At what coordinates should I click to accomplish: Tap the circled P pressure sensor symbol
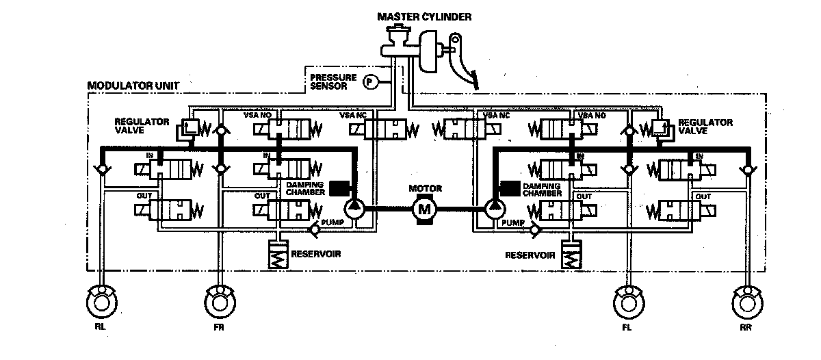coord(369,81)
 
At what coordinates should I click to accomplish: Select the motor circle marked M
coord(423,208)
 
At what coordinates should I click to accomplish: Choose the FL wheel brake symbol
coord(627,301)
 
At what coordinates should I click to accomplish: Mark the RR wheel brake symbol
coord(746,301)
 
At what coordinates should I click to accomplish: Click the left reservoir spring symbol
coord(278,257)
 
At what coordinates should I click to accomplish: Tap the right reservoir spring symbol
coord(571,257)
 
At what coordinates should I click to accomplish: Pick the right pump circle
coord(494,208)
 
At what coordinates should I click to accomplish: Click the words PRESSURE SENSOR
coord(333,81)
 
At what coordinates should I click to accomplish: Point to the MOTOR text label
coord(425,188)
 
